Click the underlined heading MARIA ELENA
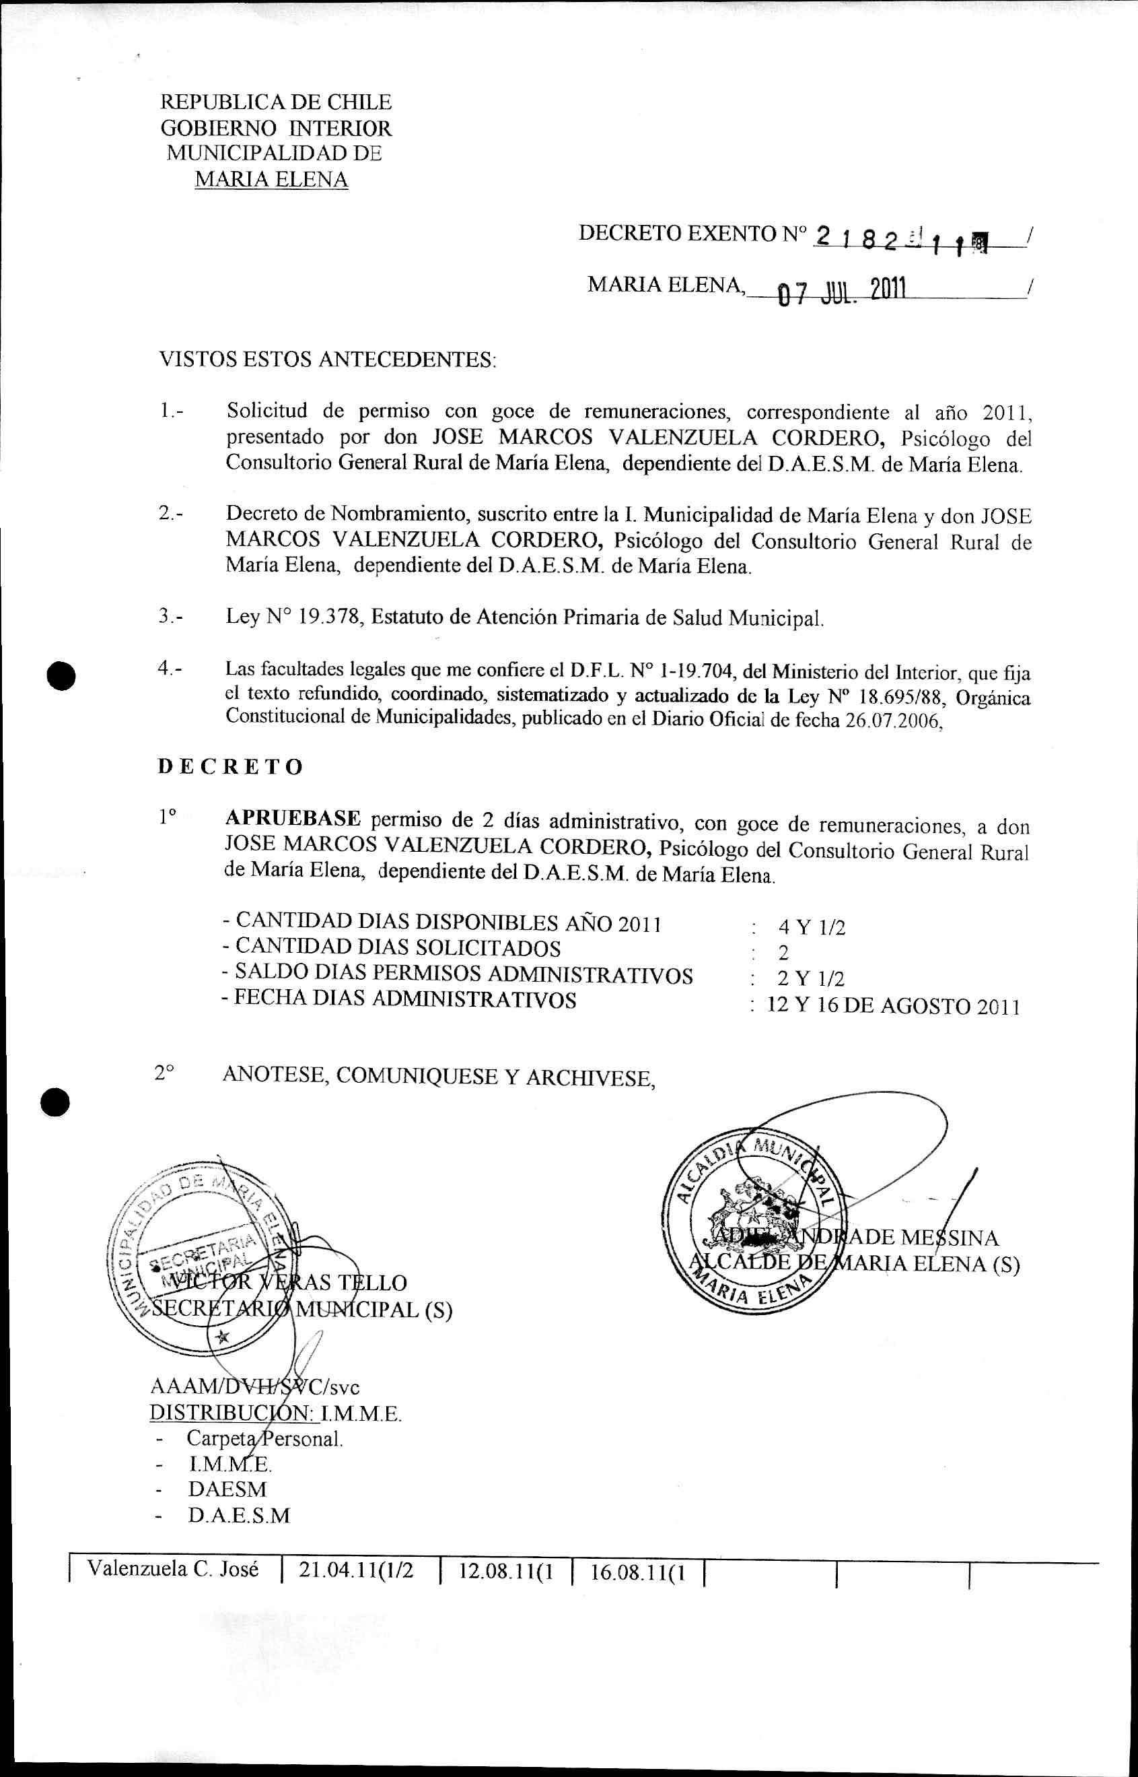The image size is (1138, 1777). [271, 180]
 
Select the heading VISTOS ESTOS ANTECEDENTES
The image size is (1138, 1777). [327, 360]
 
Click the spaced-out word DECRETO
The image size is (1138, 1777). [231, 766]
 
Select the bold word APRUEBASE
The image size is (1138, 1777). [293, 819]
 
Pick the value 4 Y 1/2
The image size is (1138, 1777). [811, 927]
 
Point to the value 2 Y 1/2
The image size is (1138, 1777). [810, 978]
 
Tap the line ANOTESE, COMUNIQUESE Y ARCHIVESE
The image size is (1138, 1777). [439, 1077]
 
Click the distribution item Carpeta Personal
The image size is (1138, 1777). [264, 1438]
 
